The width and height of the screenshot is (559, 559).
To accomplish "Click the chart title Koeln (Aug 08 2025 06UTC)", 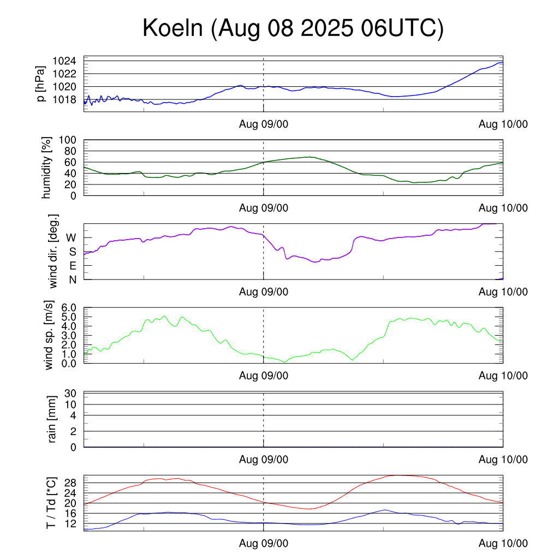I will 293,28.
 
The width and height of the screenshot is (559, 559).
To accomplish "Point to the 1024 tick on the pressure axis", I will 68,61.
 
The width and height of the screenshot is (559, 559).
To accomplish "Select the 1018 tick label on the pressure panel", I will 68,99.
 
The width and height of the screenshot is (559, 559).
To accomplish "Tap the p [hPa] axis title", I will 41,84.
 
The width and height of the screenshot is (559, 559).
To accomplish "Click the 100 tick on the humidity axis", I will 70,140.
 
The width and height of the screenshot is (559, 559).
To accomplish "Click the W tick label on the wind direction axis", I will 72,237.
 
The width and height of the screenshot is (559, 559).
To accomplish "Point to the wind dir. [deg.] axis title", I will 53,251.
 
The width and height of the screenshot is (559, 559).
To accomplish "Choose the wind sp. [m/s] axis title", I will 50,336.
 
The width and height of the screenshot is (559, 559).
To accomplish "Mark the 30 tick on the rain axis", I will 70,394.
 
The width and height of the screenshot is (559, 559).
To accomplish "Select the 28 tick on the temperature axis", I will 70,483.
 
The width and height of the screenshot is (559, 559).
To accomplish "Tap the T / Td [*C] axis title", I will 51,503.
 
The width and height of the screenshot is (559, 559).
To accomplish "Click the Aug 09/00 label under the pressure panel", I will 264,124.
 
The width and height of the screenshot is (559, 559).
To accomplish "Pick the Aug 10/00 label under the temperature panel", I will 503,544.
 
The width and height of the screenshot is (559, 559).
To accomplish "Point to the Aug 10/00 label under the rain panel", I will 503,460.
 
